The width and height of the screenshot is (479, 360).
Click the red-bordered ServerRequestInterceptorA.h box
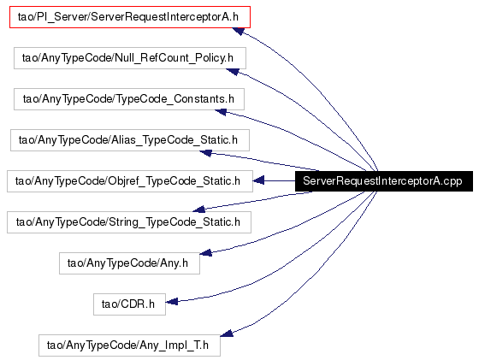[130, 17]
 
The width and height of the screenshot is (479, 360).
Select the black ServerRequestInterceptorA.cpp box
[384, 181]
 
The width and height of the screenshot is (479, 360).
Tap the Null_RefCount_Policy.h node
[130, 58]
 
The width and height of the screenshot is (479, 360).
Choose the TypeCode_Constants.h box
[129, 99]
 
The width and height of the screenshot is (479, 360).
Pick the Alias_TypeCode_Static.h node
[130, 140]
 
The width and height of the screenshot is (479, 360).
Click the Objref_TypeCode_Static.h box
[130, 181]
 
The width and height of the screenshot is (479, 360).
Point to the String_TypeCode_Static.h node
[129, 222]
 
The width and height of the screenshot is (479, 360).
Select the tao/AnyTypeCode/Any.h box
[129, 263]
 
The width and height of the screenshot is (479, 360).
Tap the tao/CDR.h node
[129, 304]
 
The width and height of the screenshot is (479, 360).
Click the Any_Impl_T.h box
[129, 345]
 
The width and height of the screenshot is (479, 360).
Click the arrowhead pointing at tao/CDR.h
[172, 302]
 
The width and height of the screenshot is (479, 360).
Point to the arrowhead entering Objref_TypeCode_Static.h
[258, 180]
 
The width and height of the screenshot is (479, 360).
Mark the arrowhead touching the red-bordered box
[239, 31]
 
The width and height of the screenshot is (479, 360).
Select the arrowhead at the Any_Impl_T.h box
[227, 333]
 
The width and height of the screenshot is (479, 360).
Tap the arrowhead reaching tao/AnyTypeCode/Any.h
[205, 252]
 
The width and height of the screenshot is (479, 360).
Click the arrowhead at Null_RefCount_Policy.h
[232, 72]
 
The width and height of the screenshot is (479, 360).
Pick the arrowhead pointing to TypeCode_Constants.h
[221, 112]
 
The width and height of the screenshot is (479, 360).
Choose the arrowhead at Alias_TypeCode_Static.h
[205, 153]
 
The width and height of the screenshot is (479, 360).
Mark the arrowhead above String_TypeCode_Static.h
[198, 210]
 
